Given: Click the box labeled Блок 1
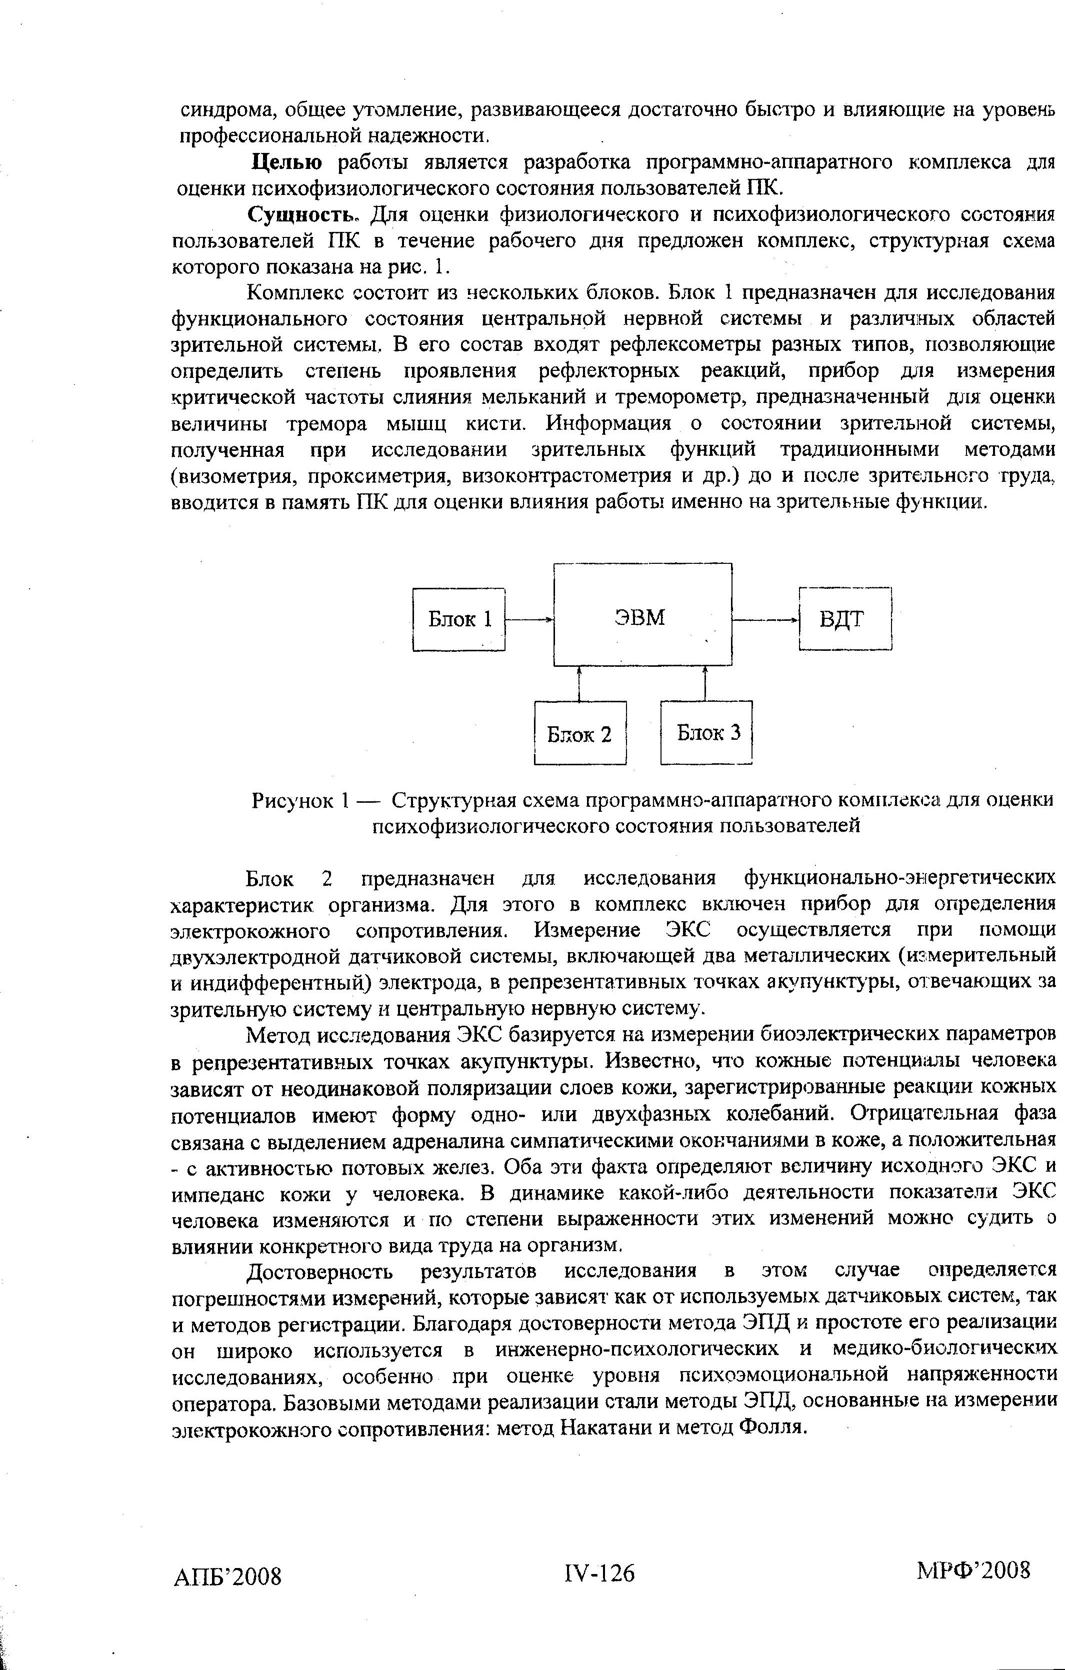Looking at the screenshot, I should tap(458, 619).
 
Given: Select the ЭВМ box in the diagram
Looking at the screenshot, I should tap(642, 614).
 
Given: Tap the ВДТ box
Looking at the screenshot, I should tap(844, 619).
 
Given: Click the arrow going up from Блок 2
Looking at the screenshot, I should tap(578, 683).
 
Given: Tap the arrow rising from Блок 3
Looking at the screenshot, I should tap(705, 683).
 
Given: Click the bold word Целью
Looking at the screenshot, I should tap(286, 162).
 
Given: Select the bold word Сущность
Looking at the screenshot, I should tap(305, 215).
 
